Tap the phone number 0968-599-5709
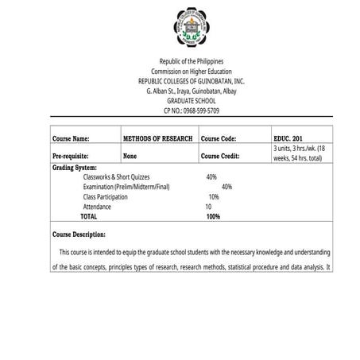point(188,110)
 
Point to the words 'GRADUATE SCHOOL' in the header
point(180,101)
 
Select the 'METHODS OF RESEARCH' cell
point(158,138)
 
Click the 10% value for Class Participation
point(214,196)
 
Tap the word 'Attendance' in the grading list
point(97,207)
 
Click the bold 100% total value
point(213,216)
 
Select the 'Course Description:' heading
point(79,235)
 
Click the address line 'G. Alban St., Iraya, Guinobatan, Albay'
point(180,91)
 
